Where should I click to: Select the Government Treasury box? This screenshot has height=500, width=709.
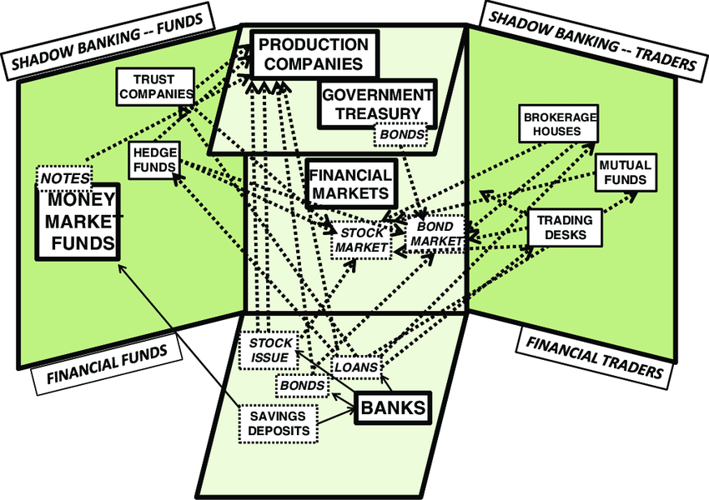click(x=378, y=104)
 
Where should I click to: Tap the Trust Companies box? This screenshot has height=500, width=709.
click(x=153, y=87)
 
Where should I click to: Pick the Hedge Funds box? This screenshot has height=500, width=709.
click(x=154, y=160)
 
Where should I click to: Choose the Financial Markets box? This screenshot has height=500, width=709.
click(x=350, y=184)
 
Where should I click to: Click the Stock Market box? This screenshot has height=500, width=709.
click(x=363, y=239)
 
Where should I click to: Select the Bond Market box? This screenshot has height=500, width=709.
click(x=435, y=234)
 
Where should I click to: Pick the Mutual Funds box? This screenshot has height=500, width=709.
click(x=625, y=173)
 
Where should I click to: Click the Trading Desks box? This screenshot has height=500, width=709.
click(x=565, y=227)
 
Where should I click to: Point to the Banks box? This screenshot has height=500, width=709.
click(x=393, y=408)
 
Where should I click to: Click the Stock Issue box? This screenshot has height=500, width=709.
click(x=271, y=351)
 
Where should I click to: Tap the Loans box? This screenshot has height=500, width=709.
click(x=358, y=365)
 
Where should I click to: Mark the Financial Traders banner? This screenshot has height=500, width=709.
click(x=595, y=358)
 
